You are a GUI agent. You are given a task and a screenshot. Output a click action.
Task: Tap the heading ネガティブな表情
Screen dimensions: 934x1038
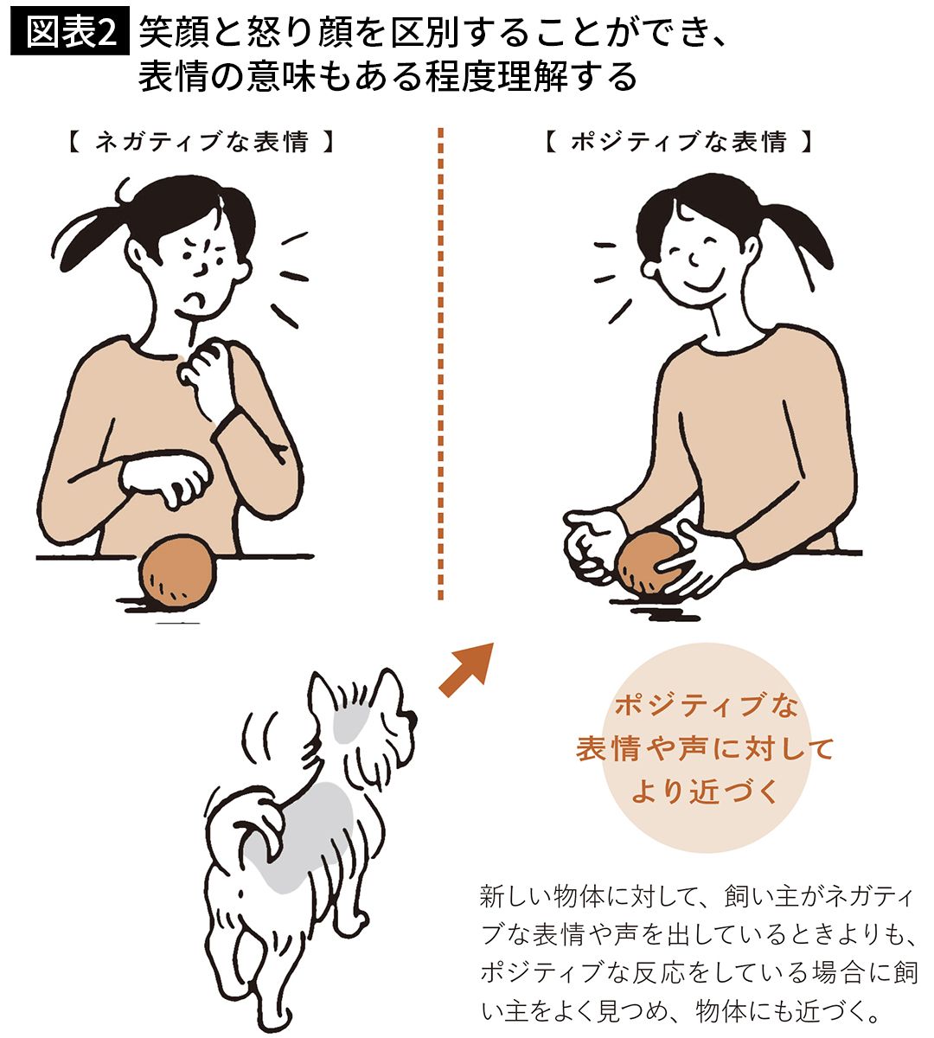tap(202, 142)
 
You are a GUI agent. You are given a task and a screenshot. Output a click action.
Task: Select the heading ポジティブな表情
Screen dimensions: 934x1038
tap(679, 142)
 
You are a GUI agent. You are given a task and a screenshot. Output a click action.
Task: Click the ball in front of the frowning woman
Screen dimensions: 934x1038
tap(177, 570)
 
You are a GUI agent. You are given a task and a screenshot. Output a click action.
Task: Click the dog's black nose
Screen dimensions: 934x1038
tap(411, 719)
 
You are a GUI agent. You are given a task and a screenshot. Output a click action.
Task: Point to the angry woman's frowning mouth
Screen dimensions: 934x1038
tap(195, 298)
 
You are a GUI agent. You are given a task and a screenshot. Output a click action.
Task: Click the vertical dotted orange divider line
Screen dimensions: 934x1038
tap(440, 364)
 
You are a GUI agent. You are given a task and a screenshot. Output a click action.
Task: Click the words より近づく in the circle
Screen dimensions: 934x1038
tap(704, 791)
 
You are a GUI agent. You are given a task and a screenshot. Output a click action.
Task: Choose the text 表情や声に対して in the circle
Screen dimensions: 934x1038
tap(704, 748)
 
